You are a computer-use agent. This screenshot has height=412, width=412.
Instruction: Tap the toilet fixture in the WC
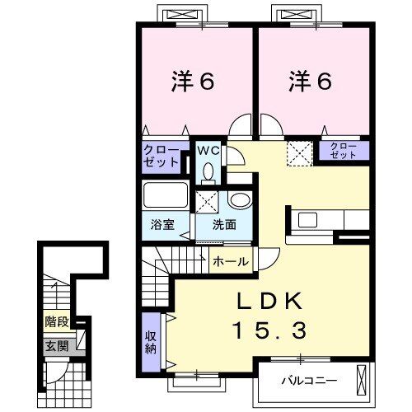click(x=207, y=171)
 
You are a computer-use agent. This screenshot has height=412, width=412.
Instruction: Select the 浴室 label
click(x=162, y=225)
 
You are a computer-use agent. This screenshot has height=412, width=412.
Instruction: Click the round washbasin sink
click(x=239, y=200)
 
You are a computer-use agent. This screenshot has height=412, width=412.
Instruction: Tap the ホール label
click(x=232, y=261)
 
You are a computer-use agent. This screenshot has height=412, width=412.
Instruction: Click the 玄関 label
click(x=56, y=345)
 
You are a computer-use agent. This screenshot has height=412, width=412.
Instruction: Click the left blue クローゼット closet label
click(x=161, y=156)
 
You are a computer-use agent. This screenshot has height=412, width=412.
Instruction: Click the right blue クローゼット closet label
click(x=344, y=151)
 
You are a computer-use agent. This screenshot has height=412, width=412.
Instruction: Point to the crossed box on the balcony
click(x=362, y=382)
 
